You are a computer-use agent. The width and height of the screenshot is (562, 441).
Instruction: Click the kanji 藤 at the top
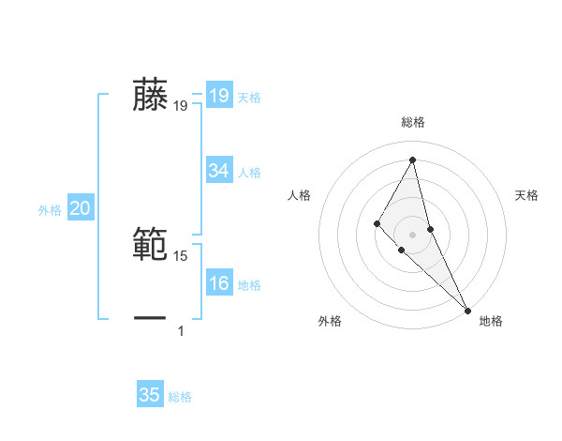pyautogui.click(x=151, y=96)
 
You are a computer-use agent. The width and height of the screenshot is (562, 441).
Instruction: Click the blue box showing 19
pyautogui.click(x=218, y=96)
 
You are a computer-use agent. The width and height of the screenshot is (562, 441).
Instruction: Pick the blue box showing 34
pyautogui.click(x=218, y=171)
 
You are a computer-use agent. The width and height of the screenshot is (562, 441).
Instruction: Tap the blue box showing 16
pyautogui.click(x=218, y=283)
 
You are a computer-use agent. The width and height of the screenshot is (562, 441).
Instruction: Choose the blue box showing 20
pyautogui.click(x=80, y=209)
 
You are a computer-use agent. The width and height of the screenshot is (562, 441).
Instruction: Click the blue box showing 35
pyautogui.click(x=150, y=395)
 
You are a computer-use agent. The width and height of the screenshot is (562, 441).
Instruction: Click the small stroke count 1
pyautogui.click(x=181, y=330)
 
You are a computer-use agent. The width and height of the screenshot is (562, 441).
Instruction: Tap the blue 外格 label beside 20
pyautogui.click(x=50, y=210)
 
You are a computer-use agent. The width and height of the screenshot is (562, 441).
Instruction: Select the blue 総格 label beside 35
pyautogui.click(x=180, y=396)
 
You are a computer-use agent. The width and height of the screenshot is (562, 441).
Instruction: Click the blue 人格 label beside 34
pyautogui.click(x=249, y=173)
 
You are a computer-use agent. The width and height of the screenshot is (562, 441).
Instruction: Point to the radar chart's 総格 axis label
pyautogui.click(x=412, y=122)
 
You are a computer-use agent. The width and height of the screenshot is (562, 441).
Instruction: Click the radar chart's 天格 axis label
pyautogui.click(x=526, y=195)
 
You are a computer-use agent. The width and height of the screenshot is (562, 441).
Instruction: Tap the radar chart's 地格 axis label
pyautogui.click(x=491, y=321)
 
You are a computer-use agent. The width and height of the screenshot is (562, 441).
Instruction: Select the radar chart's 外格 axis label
pyautogui.click(x=330, y=321)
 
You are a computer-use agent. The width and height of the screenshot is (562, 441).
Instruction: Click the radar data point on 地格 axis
pyautogui.click(x=466, y=309)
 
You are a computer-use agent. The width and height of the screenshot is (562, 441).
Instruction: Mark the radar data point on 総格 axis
pyautogui.click(x=412, y=159)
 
